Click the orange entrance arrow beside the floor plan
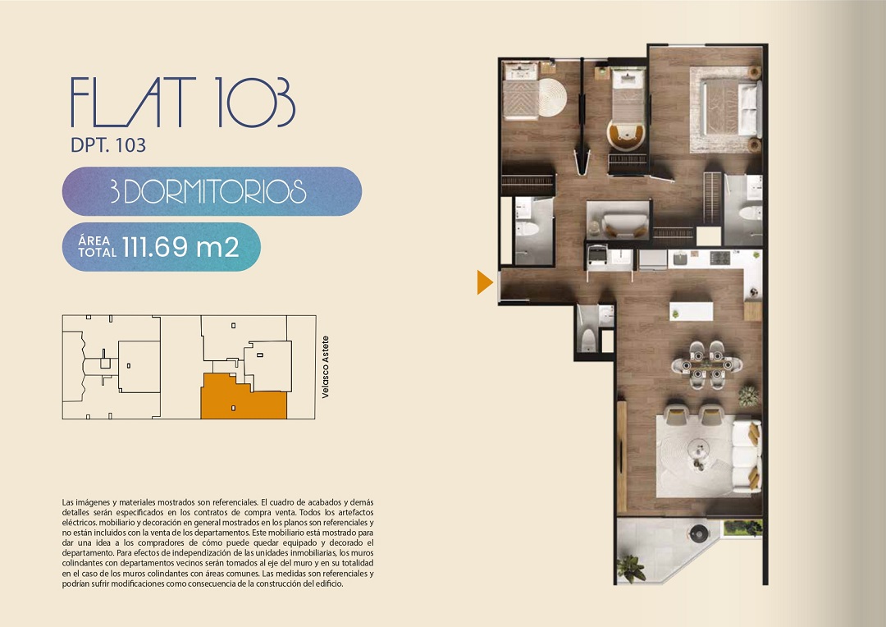484,282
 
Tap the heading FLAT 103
182,102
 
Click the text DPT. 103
108,145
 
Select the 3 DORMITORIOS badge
212,191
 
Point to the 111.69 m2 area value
180,247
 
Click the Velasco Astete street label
325,367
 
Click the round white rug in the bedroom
551,97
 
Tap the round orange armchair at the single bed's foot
626,135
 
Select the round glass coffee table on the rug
700,451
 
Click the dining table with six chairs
707,364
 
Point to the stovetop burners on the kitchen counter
720,258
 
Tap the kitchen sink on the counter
680,259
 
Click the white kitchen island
692,311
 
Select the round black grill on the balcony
699,532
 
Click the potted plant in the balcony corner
631,567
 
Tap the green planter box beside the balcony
743,528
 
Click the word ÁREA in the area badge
94,240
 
